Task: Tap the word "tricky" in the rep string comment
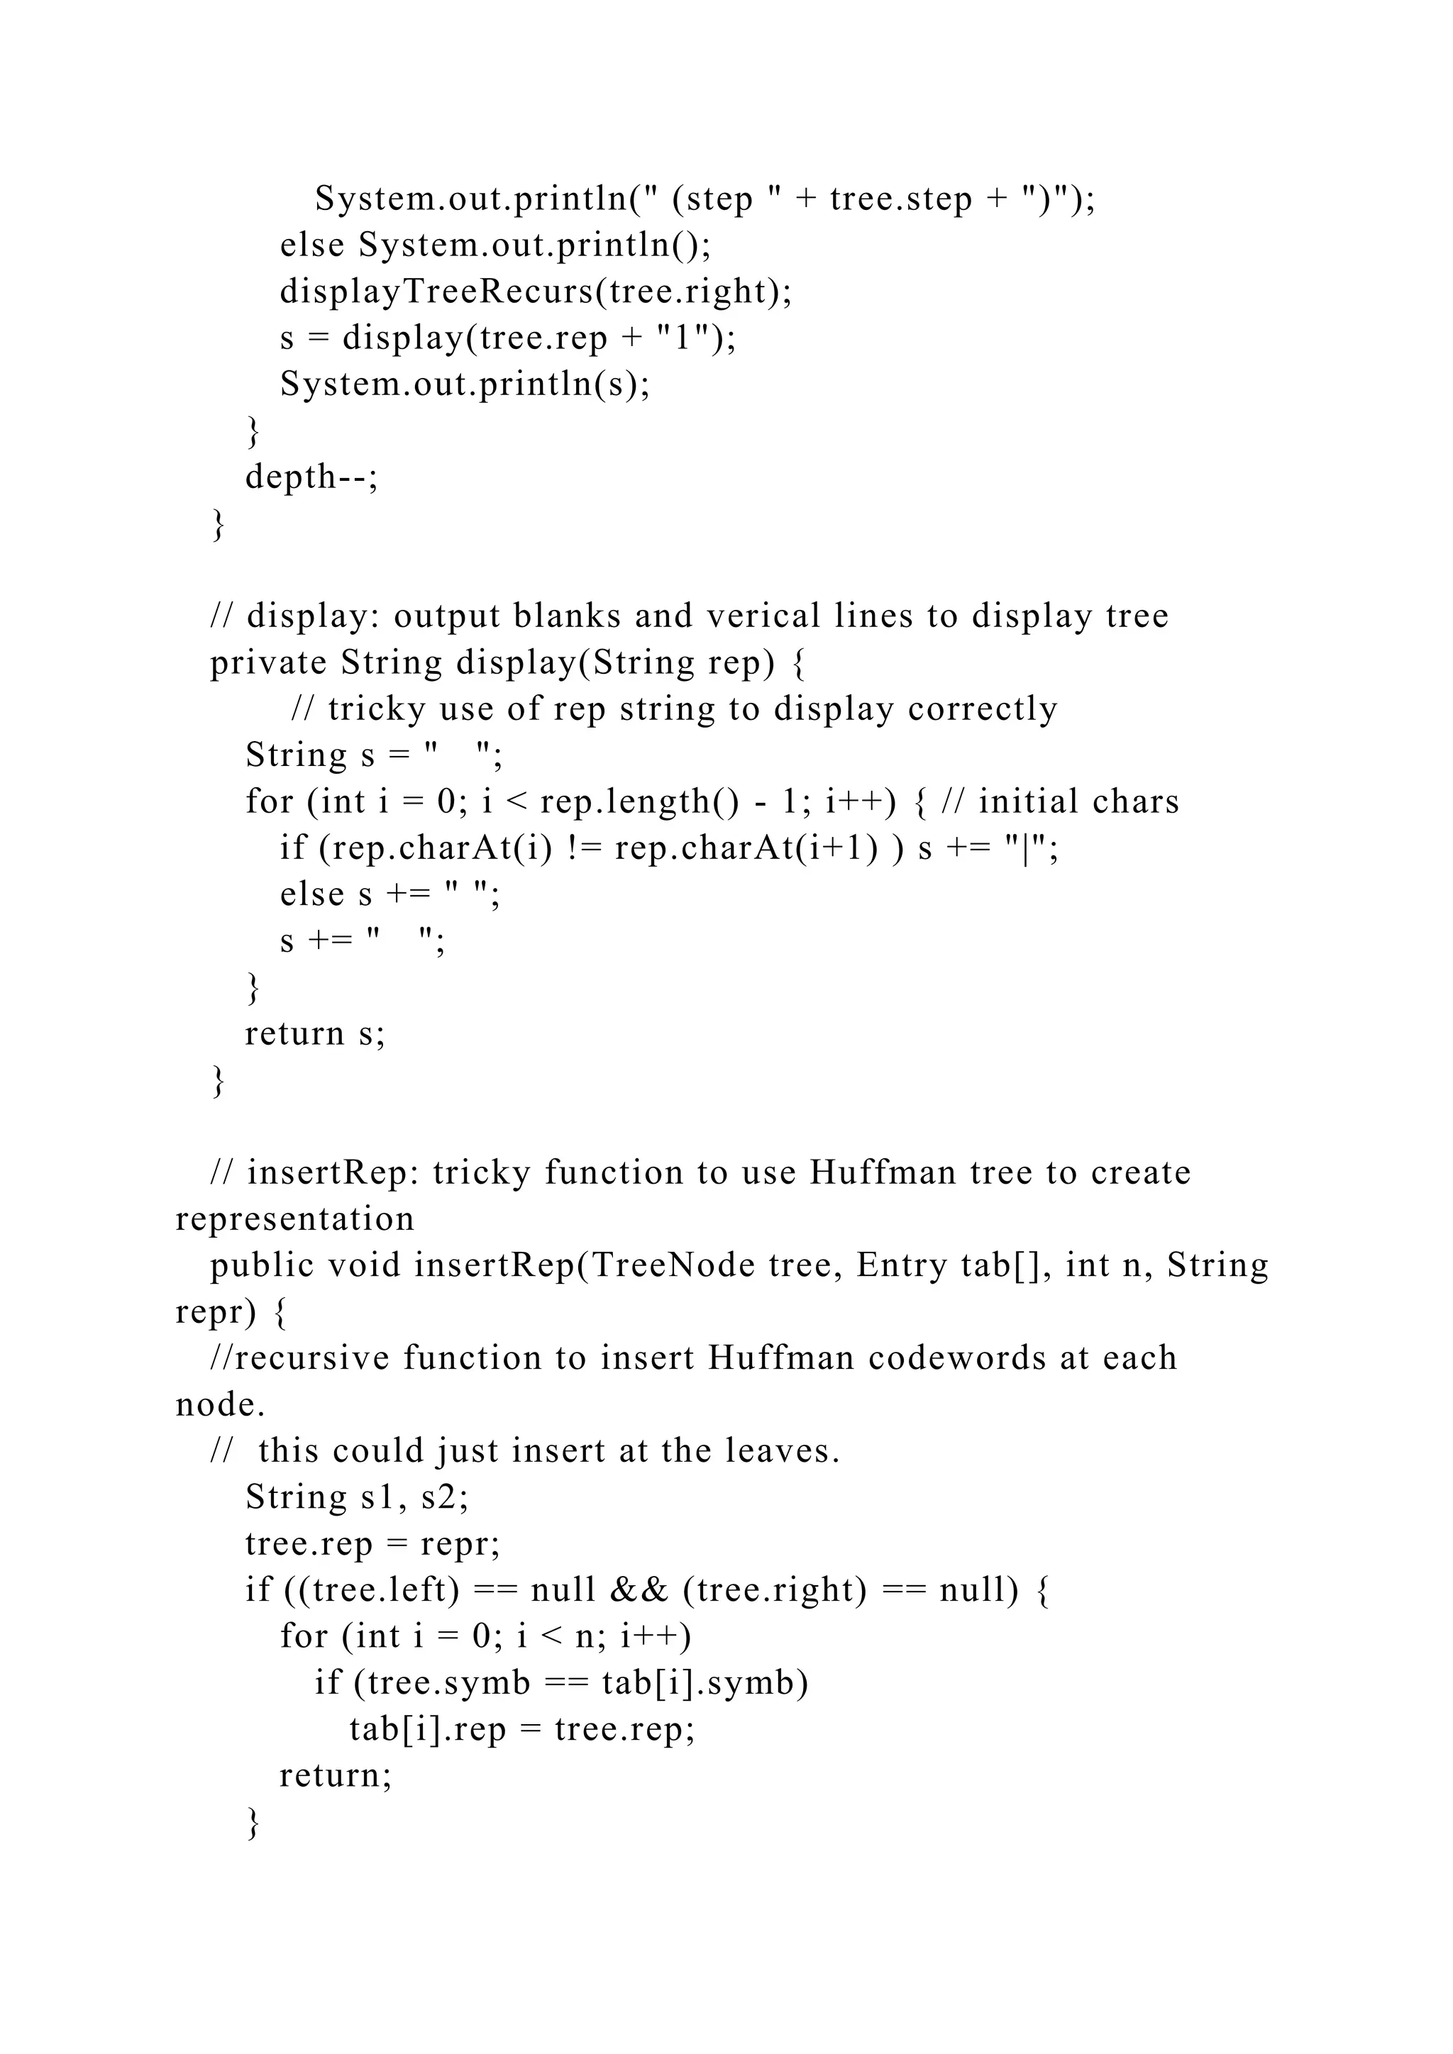tap(377, 709)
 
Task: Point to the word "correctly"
tap(983, 709)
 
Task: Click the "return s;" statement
tap(315, 1033)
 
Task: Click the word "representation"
tap(295, 1218)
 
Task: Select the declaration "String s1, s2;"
tap(357, 1497)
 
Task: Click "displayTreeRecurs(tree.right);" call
tap(536, 291)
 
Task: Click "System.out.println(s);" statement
tap(465, 384)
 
